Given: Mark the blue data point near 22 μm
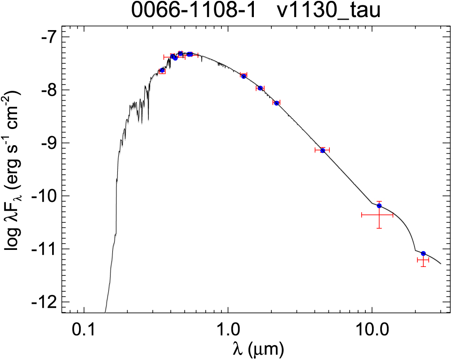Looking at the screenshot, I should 423,253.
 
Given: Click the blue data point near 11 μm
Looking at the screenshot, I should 379,206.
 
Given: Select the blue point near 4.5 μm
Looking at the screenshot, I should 323,150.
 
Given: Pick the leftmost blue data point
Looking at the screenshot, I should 162,70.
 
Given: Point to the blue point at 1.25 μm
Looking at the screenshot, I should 244,76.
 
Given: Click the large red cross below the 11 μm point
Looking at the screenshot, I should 377,215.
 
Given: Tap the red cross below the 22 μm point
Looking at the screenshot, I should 423,260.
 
